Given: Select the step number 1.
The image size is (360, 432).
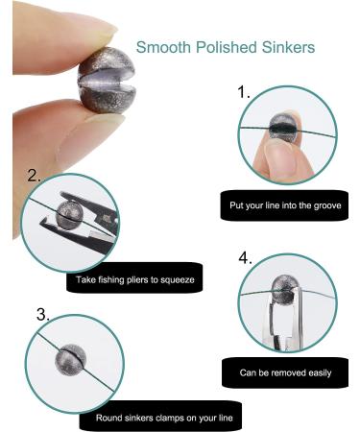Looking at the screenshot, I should click(x=245, y=93).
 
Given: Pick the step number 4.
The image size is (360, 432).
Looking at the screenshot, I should click(x=245, y=258).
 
